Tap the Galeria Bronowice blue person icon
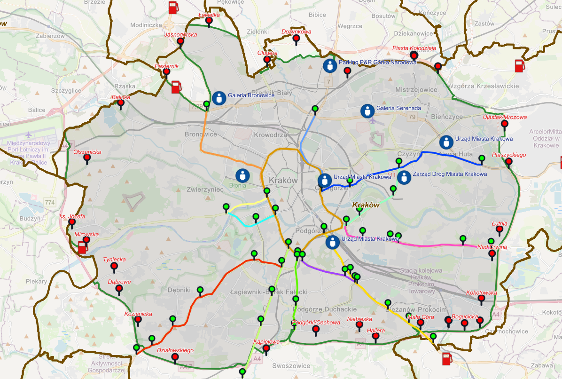point(219,97)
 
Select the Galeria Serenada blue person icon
point(367,111)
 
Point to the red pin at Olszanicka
point(87,158)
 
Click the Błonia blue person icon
point(242,176)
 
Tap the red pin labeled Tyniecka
point(114,267)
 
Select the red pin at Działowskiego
point(175,357)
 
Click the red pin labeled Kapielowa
point(266,348)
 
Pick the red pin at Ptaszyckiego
point(508,162)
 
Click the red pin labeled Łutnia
point(500,229)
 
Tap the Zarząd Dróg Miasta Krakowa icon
point(404,177)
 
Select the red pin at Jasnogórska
point(180,41)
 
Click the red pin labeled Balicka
point(121,103)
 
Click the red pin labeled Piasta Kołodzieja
point(414,55)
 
